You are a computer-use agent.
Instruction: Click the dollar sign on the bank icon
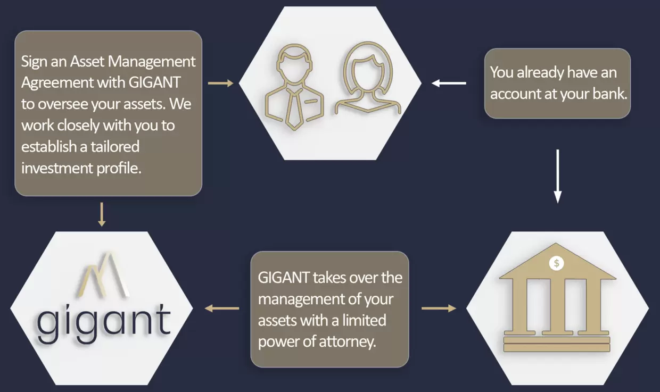point(556,263)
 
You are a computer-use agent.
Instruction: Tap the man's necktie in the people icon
point(294,109)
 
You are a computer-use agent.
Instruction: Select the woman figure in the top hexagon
point(368,77)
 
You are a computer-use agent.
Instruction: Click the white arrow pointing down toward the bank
point(557,176)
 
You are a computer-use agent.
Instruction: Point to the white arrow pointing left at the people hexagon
point(449,84)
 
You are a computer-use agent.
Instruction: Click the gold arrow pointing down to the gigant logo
point(102,214)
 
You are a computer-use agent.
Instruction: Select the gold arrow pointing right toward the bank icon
point(439,308)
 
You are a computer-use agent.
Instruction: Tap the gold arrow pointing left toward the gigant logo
point(222,308)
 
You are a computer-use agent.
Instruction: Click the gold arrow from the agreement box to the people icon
point(220,84)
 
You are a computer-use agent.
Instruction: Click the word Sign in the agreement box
point(34,62)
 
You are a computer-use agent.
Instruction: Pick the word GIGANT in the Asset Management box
point(154,82)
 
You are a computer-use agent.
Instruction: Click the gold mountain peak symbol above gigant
point(104,275)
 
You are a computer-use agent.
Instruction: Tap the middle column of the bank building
point(557,306)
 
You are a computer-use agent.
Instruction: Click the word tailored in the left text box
point(115,147)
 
